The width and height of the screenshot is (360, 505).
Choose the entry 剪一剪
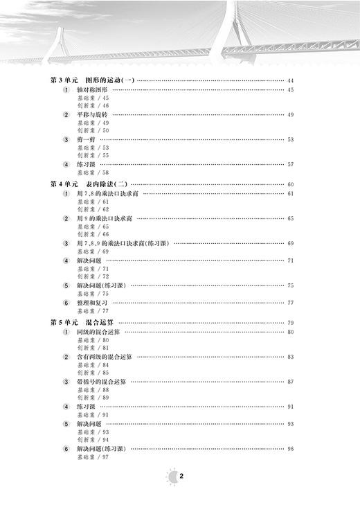pos(87,139)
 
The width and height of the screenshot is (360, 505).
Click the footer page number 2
pos(181,476)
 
